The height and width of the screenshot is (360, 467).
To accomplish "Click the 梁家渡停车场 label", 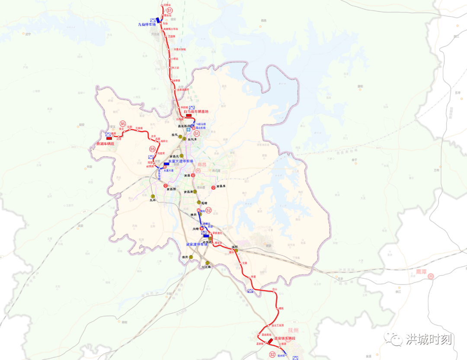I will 197,244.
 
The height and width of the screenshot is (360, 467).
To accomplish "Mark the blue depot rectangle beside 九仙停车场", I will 159,19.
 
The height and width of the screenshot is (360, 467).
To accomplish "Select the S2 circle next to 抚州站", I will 272,354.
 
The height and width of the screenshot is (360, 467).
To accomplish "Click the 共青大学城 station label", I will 179,49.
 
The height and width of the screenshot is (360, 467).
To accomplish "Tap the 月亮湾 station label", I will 161,153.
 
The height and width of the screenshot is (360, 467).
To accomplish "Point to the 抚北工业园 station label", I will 277,325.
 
